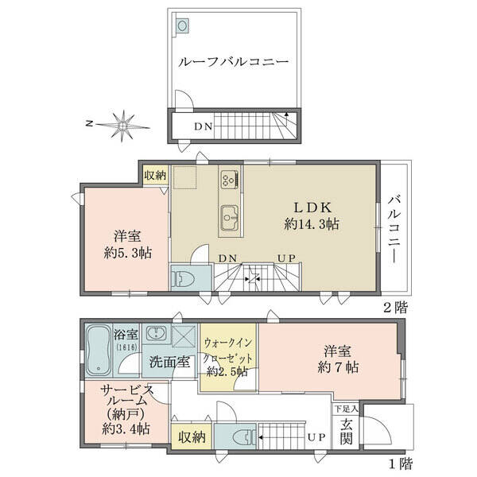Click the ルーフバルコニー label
click(233, 62)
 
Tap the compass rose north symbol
click(122, 125)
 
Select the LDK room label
click(312, 207)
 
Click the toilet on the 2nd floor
click(181, 277)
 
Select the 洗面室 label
click(170, 363)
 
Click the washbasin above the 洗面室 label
click(156, 333)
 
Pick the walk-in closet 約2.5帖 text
click(227, 372)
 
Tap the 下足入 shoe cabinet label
click(347, 409)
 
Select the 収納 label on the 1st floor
click(192, 437)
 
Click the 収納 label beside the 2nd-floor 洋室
click(155, 175)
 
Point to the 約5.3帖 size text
click(128, 253)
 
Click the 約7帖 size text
click(338, 367)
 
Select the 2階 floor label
click(395, 308)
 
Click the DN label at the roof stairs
click(204, 126)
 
